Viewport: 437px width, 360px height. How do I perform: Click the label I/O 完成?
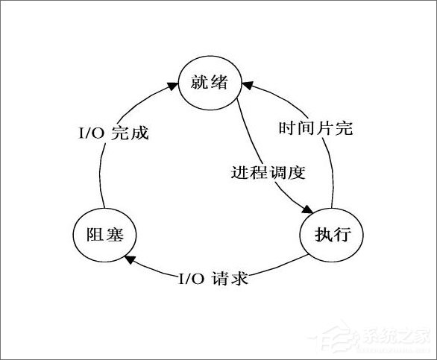point(113,134)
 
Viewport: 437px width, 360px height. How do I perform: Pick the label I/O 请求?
point(213,280)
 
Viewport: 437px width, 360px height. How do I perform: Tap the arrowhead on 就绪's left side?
point(172,87)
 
